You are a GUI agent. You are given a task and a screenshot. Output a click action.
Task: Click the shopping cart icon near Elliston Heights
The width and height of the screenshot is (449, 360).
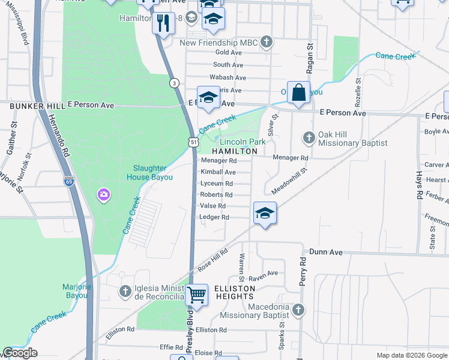click(x=196, y=295)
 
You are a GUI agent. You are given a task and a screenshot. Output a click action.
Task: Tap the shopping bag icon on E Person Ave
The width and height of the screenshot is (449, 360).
click(x=298, y=92)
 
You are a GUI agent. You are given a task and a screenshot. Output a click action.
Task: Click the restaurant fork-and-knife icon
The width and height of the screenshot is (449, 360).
click(x=163, y=22)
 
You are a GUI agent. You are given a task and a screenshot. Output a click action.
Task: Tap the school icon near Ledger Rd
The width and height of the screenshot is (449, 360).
click(x=265, y=213)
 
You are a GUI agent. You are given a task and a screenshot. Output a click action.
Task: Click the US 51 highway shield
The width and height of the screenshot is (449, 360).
click(x=192, y=142)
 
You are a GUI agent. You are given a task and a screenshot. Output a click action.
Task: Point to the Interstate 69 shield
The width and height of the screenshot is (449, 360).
click(x=70, y=181)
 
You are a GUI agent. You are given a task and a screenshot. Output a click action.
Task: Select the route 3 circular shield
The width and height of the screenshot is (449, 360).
click(x=173, y=83)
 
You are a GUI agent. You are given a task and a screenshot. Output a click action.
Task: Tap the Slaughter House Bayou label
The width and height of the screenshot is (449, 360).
click(x=150, y=173)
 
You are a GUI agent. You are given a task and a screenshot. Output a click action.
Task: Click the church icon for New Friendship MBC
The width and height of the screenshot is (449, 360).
click(x=267, y=43)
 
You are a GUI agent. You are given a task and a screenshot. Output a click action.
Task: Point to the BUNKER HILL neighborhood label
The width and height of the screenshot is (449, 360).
click(x=37, y=106)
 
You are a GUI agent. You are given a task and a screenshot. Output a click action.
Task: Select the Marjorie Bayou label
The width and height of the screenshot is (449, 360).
click(x=76, y=291)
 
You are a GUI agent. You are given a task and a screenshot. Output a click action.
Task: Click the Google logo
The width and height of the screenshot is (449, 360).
click(x=20, y=353)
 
